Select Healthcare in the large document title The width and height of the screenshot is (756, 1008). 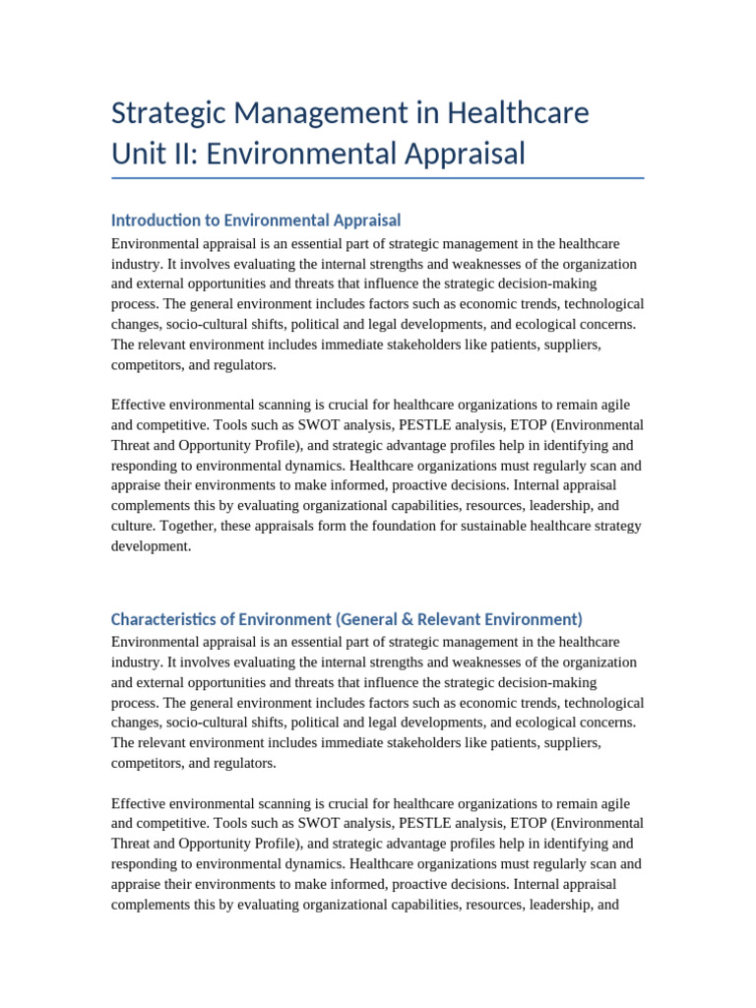[518, 113]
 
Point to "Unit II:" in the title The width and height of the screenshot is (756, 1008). [155, 155]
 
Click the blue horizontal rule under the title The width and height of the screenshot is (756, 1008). [378, 178]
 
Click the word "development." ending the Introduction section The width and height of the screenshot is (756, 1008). [151, 546]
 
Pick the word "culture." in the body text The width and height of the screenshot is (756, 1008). [134, 526]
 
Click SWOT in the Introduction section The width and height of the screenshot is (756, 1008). [318, 425]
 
